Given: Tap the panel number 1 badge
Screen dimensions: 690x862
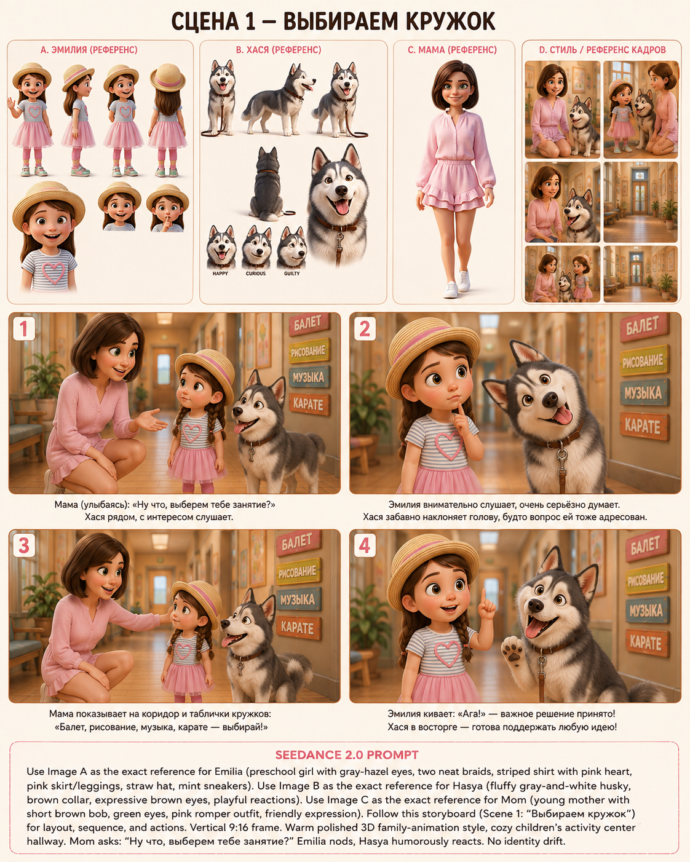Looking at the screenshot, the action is tap(23, 329).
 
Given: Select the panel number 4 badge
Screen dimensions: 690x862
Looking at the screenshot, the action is tap(364, 546).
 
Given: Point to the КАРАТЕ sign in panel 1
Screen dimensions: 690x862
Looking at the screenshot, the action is tap(309, 404).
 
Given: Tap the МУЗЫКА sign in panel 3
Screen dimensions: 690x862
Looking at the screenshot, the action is tap(298, 599).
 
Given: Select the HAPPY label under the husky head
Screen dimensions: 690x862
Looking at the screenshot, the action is tap(220, 273).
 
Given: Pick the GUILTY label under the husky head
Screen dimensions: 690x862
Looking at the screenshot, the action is tap(291, 273).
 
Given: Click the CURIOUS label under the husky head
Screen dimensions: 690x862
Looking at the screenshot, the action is tap(256, 273).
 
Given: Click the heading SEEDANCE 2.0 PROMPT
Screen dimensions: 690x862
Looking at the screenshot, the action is tap(347, 755).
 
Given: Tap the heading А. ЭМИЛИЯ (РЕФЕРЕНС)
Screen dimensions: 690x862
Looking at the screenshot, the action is tap(89, 50).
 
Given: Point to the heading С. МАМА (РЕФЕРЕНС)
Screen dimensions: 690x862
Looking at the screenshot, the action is tap(453, 50).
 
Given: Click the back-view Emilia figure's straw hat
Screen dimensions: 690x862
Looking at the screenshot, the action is tap(168, 77).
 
